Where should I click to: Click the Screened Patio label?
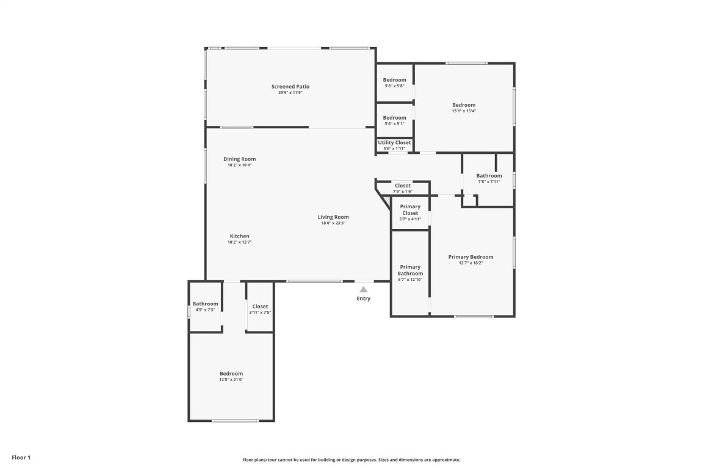pos(290,87)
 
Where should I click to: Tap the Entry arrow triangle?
pos(363,289)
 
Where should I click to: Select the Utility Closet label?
pos(394,143)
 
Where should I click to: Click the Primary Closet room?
pos(409,212)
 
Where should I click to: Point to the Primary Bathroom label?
pos(409,270)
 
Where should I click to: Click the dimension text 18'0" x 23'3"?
pos(333,223)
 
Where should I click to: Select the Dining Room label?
pos(239,159)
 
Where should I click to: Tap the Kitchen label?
pos(239,236)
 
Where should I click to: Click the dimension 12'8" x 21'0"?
pos(231,379)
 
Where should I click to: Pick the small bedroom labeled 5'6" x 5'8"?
pos(394,82)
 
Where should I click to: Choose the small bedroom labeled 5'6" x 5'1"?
pos(394,120)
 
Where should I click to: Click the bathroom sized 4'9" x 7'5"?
pos(205,307)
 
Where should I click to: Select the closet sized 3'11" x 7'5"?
pos(260,309)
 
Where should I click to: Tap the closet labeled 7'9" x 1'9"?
pos(402,188)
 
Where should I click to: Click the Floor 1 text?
pos(20,457)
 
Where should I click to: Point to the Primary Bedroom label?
pos(470,257)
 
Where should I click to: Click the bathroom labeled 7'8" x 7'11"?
pos(488,178)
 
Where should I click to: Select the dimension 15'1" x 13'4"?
pos(464,111)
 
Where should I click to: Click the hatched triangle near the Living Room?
pos(386,201)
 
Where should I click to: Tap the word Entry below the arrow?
pos(363,299)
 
